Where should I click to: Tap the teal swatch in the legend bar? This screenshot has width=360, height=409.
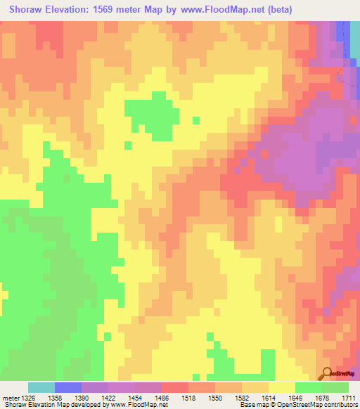pos(41,387)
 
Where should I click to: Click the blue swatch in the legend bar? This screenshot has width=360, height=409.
pos(67,387)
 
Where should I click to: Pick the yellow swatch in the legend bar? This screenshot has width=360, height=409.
pos(281,387)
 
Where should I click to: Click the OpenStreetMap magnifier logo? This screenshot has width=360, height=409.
pos(327,374)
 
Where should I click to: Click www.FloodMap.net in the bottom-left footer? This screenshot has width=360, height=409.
pos(139,405)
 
